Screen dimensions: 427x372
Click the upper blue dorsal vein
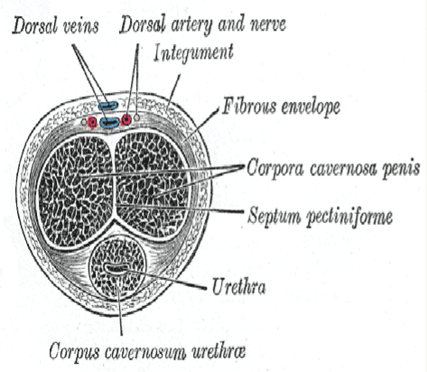108,106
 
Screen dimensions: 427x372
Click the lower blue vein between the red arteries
110,122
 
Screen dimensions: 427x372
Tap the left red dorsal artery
93,122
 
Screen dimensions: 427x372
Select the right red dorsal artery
126,120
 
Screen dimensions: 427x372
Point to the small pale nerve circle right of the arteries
137,117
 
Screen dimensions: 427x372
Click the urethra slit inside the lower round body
116,268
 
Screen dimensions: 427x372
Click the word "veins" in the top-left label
81,26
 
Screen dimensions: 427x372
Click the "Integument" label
193,54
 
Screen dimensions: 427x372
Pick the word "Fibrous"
249,107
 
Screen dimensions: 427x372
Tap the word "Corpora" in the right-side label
275,169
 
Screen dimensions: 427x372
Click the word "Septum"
274,217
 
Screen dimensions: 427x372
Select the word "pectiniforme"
349,216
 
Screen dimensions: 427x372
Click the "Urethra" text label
239,287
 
